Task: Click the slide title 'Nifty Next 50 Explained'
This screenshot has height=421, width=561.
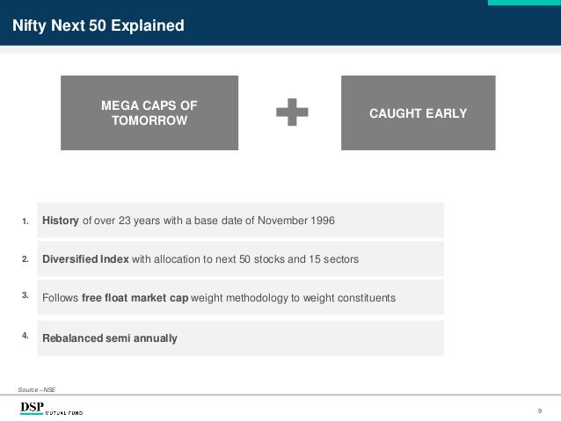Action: [98, 26]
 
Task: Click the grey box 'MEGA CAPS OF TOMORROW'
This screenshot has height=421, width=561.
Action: [149, 113]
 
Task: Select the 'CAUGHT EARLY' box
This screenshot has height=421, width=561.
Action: [418, 113]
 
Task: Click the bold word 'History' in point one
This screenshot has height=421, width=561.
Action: [62, 220]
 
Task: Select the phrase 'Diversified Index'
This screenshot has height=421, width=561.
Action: [86, 259]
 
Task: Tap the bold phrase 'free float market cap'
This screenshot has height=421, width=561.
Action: [135, 298]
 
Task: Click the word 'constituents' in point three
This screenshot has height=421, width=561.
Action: [364, 298]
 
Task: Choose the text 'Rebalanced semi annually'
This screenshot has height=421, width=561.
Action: [110, 338]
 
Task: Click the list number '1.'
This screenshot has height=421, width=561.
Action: [25, 220]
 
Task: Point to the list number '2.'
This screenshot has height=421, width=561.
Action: [25, 258]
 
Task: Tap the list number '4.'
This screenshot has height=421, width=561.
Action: [25, 334]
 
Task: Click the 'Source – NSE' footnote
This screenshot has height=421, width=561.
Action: [36, 388]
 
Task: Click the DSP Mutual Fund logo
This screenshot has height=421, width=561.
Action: [51, 408]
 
